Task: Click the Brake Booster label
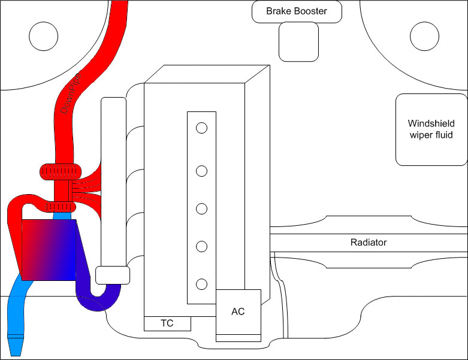pyautogui.click(x=296, y=11)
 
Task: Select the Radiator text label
pyautogui.click(x=368, y=243)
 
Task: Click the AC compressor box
pyautogui.click(x=238, y=311)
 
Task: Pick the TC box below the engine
pyautogui.click(x=167, y=323)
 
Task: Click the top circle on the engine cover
pyautogui.click(x=202, y=128)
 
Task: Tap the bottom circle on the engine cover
pyautogui.click(x=202, y=284)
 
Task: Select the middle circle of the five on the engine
pyautogui.click(x=202, y=209)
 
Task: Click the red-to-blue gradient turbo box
pyautogui.click(x=50, y=249)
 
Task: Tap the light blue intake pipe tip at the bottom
pyautogui.click(x=16, y=346)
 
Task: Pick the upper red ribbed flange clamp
pyautogui.click(x=60, y=171)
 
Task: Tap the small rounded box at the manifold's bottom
pyautogui.click(x=113, y=275)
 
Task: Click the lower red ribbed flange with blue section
pyautogui.click(x=59, y=207)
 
